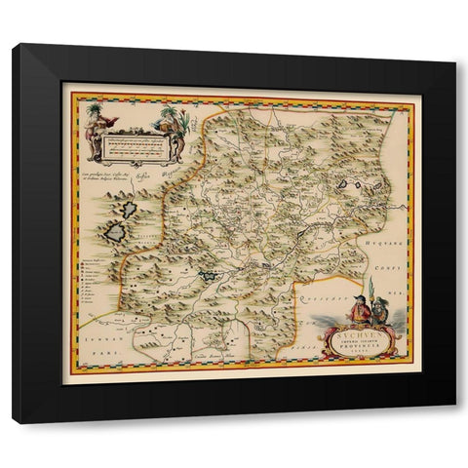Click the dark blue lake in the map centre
211,277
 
